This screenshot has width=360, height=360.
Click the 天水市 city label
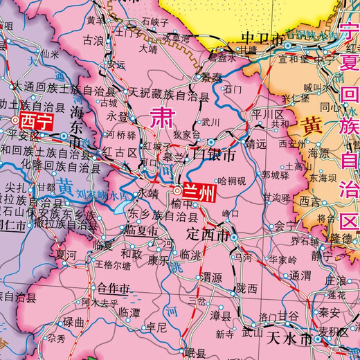point(285,340)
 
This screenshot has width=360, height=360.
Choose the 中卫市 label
point(257,37)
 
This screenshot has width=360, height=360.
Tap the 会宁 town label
point(283,225)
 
